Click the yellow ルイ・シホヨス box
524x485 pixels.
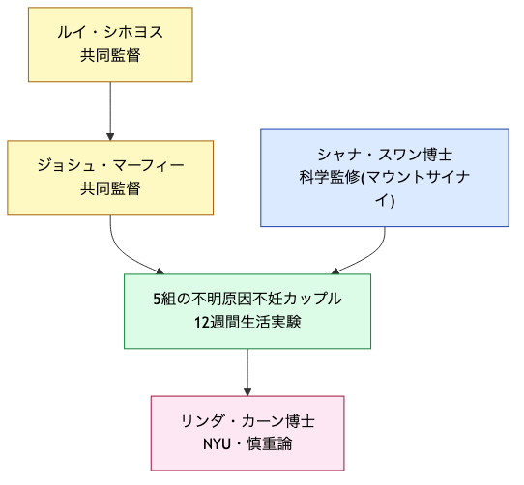(110, 44)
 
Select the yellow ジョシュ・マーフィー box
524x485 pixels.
(110, 178)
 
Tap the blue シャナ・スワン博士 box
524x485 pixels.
(385, 178)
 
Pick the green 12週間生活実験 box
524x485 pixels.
(247, 311)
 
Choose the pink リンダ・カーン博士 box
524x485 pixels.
(247, 433)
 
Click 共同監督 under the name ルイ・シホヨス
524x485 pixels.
(110, 56)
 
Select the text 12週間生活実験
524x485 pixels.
(247, 323)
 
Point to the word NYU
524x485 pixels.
(218, 444)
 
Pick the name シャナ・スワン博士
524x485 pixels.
(385, 155)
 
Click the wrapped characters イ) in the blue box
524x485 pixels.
(385, 201)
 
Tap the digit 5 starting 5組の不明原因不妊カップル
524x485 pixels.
(157, 300)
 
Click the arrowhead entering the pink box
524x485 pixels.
(247, 391)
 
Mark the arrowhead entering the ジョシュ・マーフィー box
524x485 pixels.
(110, 136)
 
